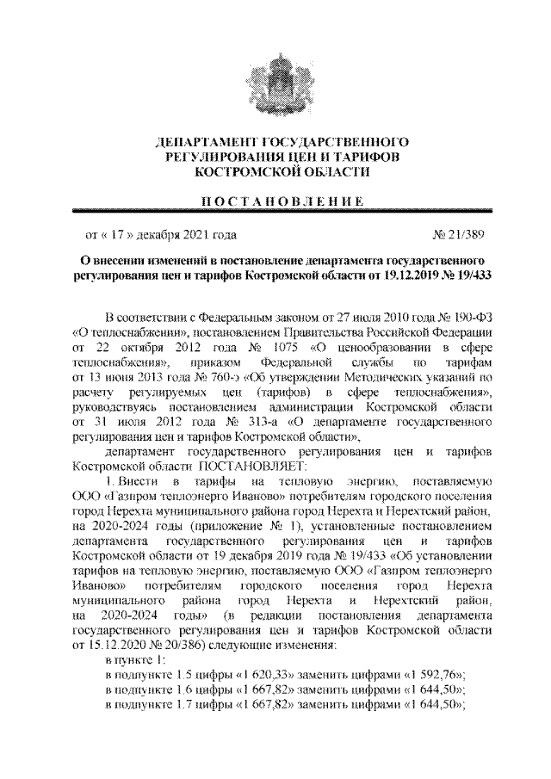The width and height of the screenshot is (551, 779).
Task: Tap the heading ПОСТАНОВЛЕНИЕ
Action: pyautogui.click(x=275, y=201)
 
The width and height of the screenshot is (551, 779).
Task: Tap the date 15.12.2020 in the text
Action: pyautogui.click(x=96, y=645)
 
